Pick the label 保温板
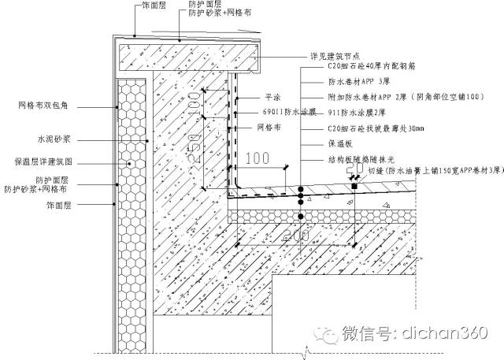click(x=337, y=145)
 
